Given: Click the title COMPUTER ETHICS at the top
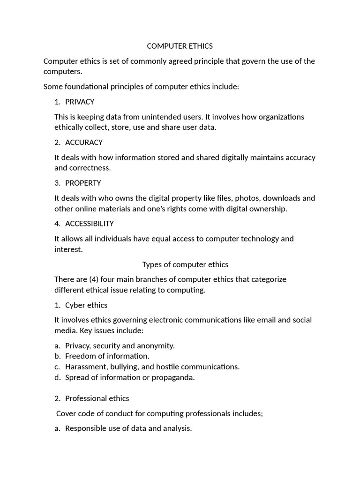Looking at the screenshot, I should coord(180,46).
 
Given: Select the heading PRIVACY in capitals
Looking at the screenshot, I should coord(80,102).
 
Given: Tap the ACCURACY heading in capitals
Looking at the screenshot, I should coord(84,142).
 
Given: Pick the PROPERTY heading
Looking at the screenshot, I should coord(83,183).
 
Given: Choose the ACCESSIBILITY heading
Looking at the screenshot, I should coord(89,224).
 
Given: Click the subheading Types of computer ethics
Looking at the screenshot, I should coord(185,264).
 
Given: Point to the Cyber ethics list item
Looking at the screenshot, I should coord(86,305).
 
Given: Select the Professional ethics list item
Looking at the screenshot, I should coord(97,398).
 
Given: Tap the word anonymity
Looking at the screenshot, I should coord(155,346).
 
